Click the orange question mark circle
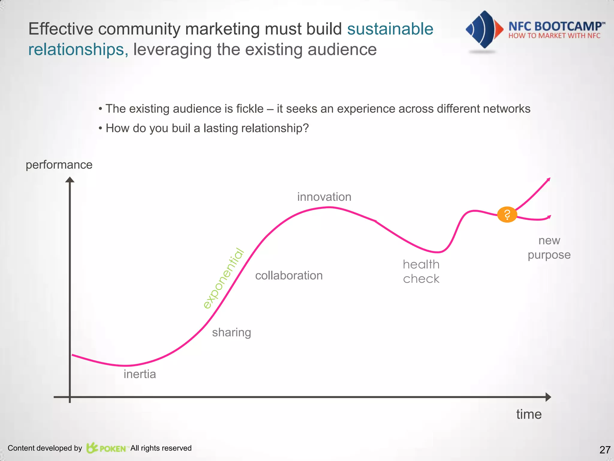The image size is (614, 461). pos(507,215)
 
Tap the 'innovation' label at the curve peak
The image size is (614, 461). pos(324,197)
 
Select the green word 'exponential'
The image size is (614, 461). pos(224,279)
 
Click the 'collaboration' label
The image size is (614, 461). pos(289,276)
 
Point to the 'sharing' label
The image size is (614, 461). pos(231,333)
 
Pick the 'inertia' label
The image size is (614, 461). pos(140,374)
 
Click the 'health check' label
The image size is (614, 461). pos(421,272)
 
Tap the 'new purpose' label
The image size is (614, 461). pos(549,248)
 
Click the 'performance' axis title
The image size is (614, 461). pos(59,165)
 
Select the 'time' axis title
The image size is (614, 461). pos(529,414)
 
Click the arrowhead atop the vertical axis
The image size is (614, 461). pos(70,180)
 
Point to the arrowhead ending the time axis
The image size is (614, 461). pos(548,397)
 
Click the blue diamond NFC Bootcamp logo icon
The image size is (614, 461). pos(484,29)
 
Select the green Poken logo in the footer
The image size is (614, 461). pos(106,448)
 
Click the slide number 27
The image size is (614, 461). pos(605,450)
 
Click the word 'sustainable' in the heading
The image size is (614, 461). pos(390,29)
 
